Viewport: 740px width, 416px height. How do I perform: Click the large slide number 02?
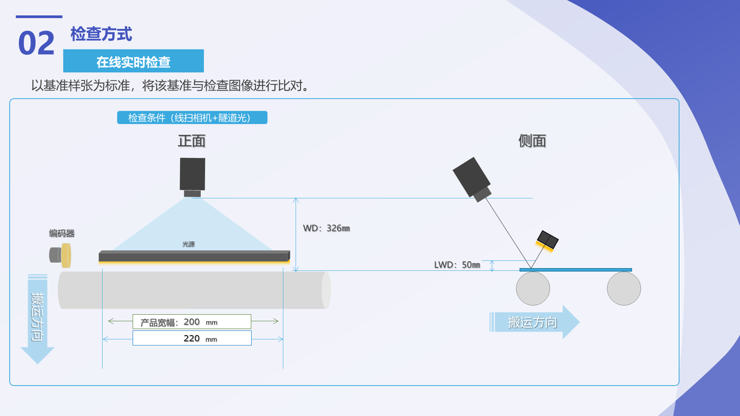click(x=37, y=43)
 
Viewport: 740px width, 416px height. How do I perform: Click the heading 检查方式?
click(x=101, y=34)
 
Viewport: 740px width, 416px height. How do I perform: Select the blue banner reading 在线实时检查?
click(x=134, y=61)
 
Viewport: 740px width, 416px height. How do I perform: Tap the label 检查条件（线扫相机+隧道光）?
click(x=192, y=117)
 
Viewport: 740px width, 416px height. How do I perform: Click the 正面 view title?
click(x=191, y=141)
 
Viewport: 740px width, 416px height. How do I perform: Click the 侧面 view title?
click(x=532, y=141)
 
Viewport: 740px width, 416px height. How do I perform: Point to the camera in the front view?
click(x=192, y=177)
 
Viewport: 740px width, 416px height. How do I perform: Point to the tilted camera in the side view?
click(x=472, y=179)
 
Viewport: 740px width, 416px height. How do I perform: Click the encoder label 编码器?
click(x=62, y=233)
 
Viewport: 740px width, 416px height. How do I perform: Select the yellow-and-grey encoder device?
click(x=60, y=255)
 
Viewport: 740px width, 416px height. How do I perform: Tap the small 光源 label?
click(x=189, y=244)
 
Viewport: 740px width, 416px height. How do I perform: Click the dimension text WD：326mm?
click(x=327, y=228)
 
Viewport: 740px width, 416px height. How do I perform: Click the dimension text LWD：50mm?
click(x=457, y=265)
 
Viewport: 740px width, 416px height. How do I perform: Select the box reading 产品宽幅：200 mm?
click(x=192, y=322)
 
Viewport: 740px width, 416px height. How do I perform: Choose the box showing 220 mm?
click(x=192, y=338)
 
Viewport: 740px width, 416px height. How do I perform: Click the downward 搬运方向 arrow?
click(x=37, y=318)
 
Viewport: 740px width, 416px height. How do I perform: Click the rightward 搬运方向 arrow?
click(x=535, y=322)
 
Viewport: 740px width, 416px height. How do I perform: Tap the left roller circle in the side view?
click(x=533, y=288)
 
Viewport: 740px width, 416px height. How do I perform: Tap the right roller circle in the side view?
click(x=624, y=288)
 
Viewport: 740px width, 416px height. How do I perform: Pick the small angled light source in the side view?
click(x=547, y=241)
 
